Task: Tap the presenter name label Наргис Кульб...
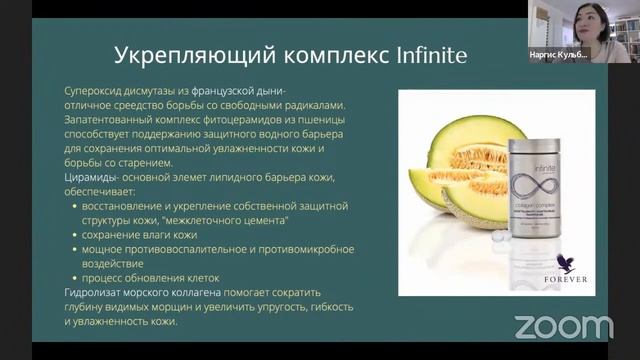tap(559, 54)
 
